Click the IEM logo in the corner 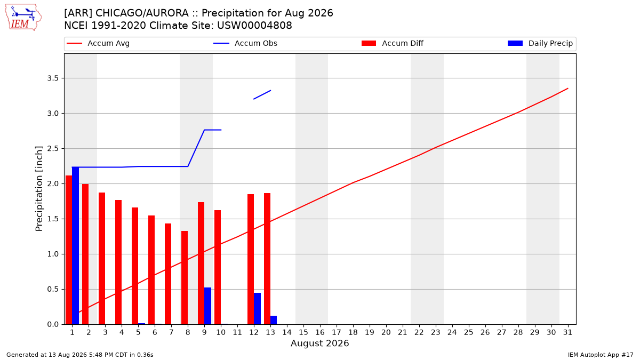(x=23, y=18)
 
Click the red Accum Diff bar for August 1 (x=69, y=250)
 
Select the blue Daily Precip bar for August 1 (x=75, y=246)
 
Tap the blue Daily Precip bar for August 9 (x=207, y=306)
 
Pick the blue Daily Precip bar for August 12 (x=257, y=309)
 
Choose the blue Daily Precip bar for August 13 (x=274, y=320)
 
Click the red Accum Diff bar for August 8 (x=185, y=278)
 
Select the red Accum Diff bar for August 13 (x=267, y=259)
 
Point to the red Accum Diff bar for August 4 (x=118, y=262)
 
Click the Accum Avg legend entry (x=98, y=43)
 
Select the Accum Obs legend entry (x=245, y=43)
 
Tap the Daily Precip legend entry (x=540, y=43)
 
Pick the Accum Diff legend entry (x=393, y=43)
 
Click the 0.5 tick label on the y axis (x=53, y=290)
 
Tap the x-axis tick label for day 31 (x=567, y=332)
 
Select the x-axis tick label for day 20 (x=386, y=332)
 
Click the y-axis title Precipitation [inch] (x=39, y=189)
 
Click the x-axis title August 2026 (x=319, y=343)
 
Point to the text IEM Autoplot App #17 (x=601, y=355)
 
